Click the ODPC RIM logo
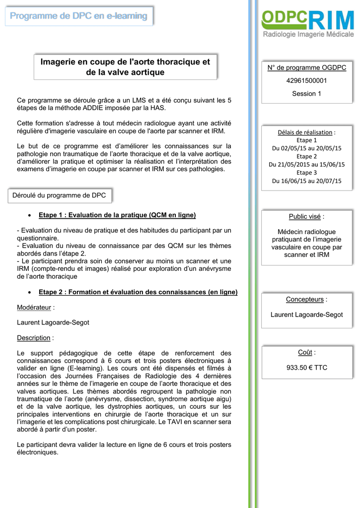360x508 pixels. coord(307,24)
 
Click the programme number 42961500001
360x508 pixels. coord(306,80)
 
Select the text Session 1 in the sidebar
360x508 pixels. coord(306,93)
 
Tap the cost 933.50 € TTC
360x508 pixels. coord(306,368)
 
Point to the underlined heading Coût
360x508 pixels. coord(305,352)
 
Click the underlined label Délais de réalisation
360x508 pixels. coord(305,132)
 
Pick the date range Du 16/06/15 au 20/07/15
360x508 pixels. coord(306,181)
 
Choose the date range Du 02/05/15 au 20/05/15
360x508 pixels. coord(306,148)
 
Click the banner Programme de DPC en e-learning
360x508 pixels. coord(79,16)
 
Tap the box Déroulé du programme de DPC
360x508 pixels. coord(59,195)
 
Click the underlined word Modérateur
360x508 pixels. coord(34,308)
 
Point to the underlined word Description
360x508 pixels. coord(34,338)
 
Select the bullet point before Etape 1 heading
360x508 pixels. coord(31,215)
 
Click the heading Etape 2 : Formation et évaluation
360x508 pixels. coord(138,292)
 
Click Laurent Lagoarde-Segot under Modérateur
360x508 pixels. coord(53,322)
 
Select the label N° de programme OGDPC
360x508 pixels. coord(306,67)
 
